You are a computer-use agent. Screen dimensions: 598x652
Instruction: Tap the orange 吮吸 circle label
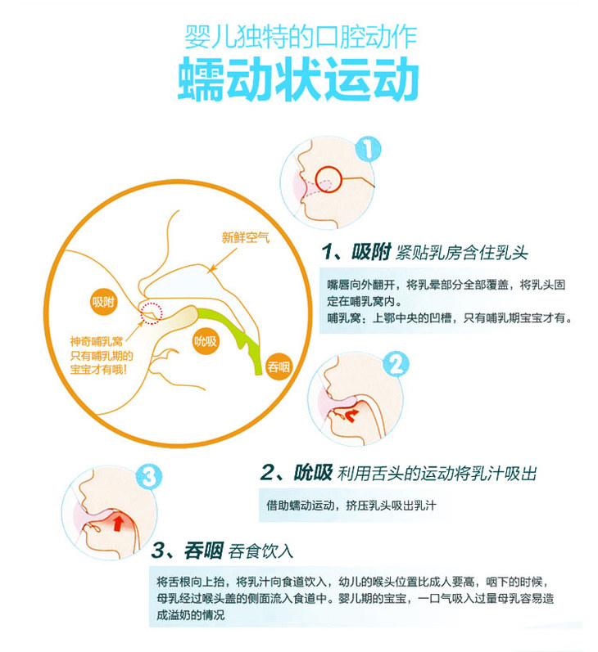[x=206, y=341]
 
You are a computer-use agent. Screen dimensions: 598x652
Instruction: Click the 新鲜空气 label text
[x=245, y=238]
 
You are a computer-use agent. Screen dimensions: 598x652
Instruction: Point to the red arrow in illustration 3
[x=119, y=521]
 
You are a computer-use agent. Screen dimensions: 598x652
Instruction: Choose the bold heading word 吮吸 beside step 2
[x=312, y=472]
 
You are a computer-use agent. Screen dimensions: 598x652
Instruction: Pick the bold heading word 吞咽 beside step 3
[x=204, y=549]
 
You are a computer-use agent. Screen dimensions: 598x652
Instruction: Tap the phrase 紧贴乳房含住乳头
[x=465, y=252]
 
